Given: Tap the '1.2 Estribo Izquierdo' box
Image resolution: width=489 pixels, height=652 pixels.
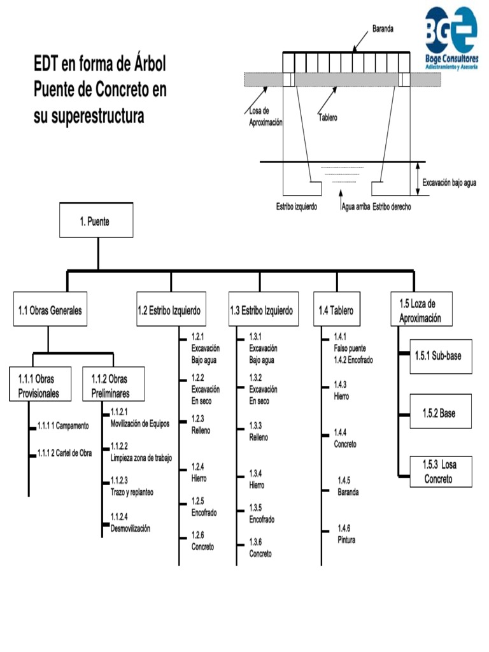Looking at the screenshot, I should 171,311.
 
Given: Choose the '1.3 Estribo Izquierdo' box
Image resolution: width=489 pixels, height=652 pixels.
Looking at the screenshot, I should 262,311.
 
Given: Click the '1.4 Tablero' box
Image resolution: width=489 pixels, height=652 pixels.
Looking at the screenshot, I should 336,311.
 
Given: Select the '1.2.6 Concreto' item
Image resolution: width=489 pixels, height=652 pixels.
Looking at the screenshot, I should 202,540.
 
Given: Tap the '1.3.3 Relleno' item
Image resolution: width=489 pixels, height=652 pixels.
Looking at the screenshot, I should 259,431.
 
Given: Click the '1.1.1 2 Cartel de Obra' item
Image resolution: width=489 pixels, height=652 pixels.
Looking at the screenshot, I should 64,453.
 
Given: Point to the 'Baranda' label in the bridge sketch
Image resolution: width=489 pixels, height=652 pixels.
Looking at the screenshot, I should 383,29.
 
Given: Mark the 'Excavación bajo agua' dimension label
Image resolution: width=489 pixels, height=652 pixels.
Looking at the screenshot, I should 449,181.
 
